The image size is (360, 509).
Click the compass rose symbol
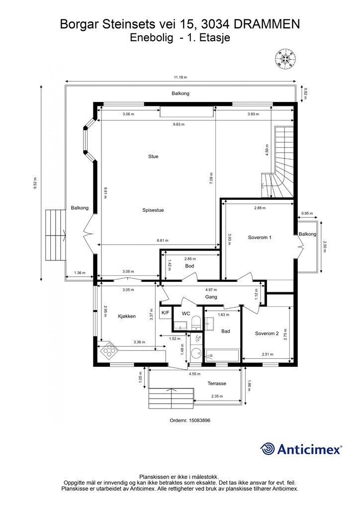point(285,59)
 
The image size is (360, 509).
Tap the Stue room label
point(153,157)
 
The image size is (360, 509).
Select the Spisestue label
point(153,210)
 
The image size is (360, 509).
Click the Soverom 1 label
point(260,237)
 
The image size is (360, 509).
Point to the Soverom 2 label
point(267,334)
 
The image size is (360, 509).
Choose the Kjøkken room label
point(127,316)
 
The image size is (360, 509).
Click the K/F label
point(165,313)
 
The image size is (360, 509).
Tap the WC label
point(186,314)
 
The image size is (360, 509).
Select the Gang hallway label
point(211,297)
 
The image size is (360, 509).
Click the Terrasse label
point(217,383)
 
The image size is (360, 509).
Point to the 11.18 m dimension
point(180,77)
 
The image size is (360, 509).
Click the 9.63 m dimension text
point(179,124)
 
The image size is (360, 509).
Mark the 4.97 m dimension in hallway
point(211,290)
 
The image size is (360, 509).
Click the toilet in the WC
point(196,324)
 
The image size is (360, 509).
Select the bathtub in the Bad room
point(223,355)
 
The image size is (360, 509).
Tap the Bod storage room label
point(189,266)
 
